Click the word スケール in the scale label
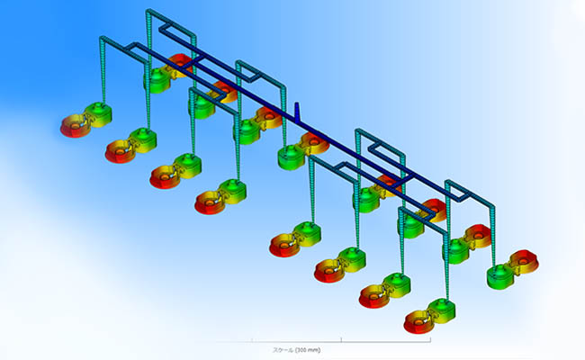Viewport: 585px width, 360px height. pyautogui.click(x=283, y=350)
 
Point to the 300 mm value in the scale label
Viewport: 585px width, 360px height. pyautogui.click(x=308, y=350)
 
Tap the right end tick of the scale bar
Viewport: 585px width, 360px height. pyautogui.click(x=430, y=340)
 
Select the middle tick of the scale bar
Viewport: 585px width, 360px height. pyautogui.click(x=341, y=340)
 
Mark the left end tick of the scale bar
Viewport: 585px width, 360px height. pyautogui.click(x=252, y=340)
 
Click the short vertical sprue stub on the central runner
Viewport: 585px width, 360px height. pyautogui.click(x=297, y=112)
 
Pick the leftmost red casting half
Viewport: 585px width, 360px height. pyautogui.click(x=76, y=127)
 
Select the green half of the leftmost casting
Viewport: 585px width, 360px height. pyautogui.click(x=98, y=114)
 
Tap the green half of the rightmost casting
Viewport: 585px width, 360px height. pyautogui.click(x=501, y=277)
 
